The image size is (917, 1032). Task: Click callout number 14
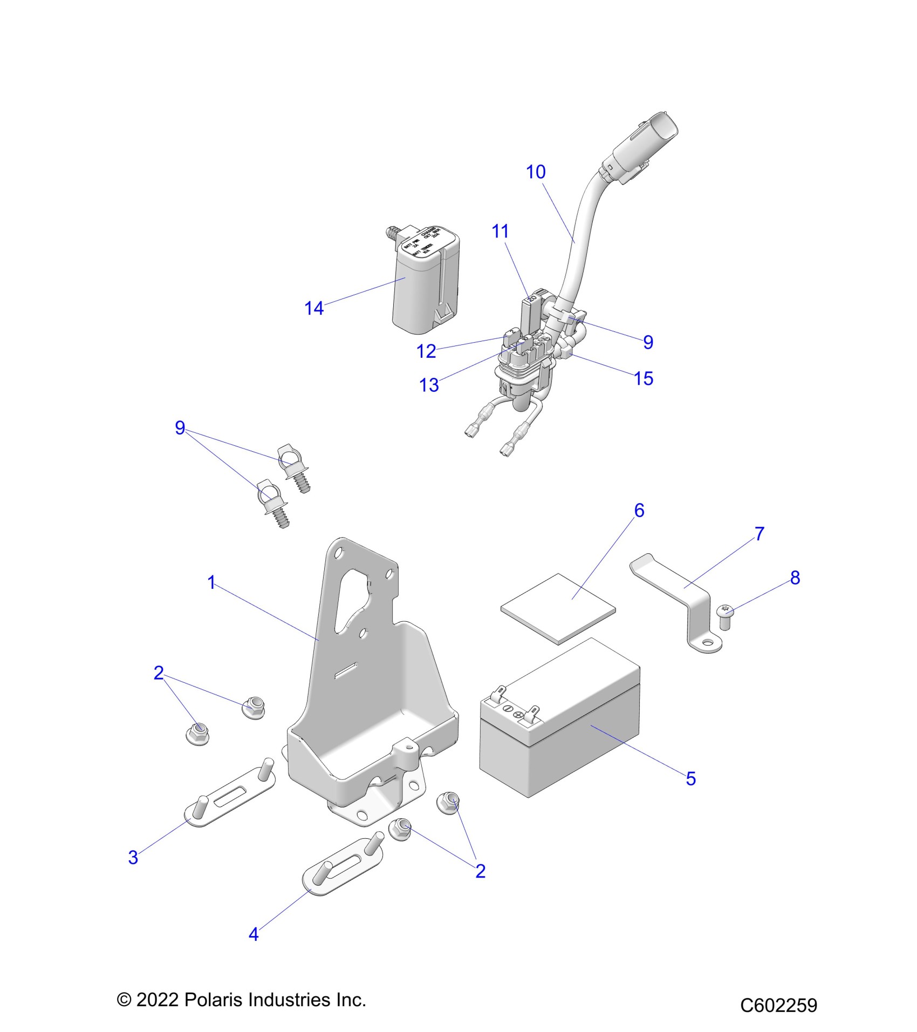314,308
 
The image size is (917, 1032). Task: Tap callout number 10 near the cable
536,172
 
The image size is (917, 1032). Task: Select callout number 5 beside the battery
690,779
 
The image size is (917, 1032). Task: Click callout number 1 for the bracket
211,582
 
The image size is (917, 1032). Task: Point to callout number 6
639,510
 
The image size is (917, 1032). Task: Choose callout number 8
795,578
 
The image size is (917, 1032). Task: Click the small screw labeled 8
725,616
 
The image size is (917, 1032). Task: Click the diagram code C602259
778,1005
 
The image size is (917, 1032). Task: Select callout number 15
644,378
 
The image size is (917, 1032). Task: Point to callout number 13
429,385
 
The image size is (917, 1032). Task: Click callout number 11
500,231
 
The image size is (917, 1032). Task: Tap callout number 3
133,857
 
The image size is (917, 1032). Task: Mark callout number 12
426,351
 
